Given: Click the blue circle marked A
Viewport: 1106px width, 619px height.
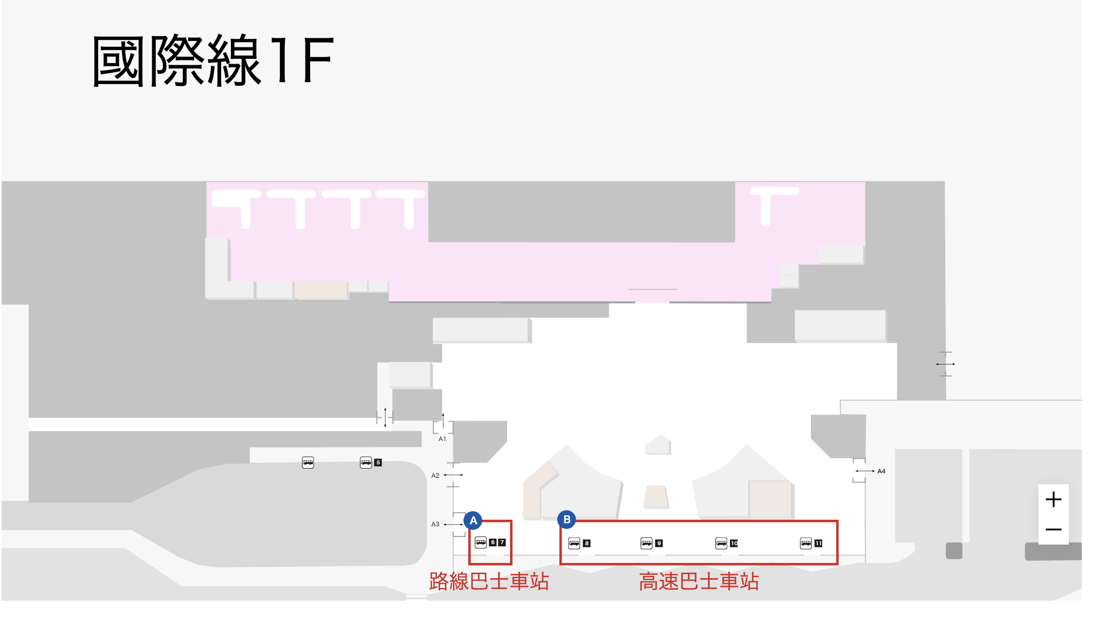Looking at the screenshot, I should pyautogui.click(x=473, y=520).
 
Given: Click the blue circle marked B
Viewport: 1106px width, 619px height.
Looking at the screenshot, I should pyautogui.click(x=566, y=519).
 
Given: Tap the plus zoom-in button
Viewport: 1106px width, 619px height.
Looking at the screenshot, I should pyautogui.click(x=1053, y=499).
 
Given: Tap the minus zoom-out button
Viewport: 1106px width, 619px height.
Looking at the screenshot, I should pyautogui.click(x=1053, y=529).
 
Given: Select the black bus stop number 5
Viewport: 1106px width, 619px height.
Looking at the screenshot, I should pyautogui.click(x=378, y=463).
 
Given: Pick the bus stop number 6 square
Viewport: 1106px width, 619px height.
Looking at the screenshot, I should pyautogui.click(x=493, y=542).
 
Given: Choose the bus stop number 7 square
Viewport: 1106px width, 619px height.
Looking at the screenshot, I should pyautogui.click(x=502, y=542).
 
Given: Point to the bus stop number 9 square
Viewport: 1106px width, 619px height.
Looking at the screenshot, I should pyautogui.click(x=659, y=544).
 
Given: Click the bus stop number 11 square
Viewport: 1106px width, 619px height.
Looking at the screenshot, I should pyautogui.click(x=818, y=544).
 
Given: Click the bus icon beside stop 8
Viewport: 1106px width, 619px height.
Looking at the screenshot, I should pyautogui.click(x=574, y=543).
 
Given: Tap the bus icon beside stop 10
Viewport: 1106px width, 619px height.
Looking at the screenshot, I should pyautogui.click(x=721, y=543).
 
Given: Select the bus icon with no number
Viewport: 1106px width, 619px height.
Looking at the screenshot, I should pyautogui.click(x=308, y=463).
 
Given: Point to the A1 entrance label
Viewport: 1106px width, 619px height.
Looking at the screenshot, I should pyautogui.click(x=442, y=439).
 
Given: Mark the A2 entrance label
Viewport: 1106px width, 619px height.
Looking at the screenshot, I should pyautogui.click(x=435, y=476).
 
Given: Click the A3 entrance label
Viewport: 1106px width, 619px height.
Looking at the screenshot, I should pyautogui.click(x=435, y=524).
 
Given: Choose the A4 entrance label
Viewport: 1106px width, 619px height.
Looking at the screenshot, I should pyautogui.click(x=882, y=471).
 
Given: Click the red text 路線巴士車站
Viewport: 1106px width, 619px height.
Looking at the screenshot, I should pyautogui.click(x=489, y=582).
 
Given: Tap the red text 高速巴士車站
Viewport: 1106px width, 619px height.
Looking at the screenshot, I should pyautogui.click(x=699, y=582).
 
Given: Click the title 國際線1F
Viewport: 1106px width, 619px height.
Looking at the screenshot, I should pyautogui.click(x=213, y=60).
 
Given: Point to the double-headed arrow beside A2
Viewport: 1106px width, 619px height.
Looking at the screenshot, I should pyautogui.click(x=453, y=475).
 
